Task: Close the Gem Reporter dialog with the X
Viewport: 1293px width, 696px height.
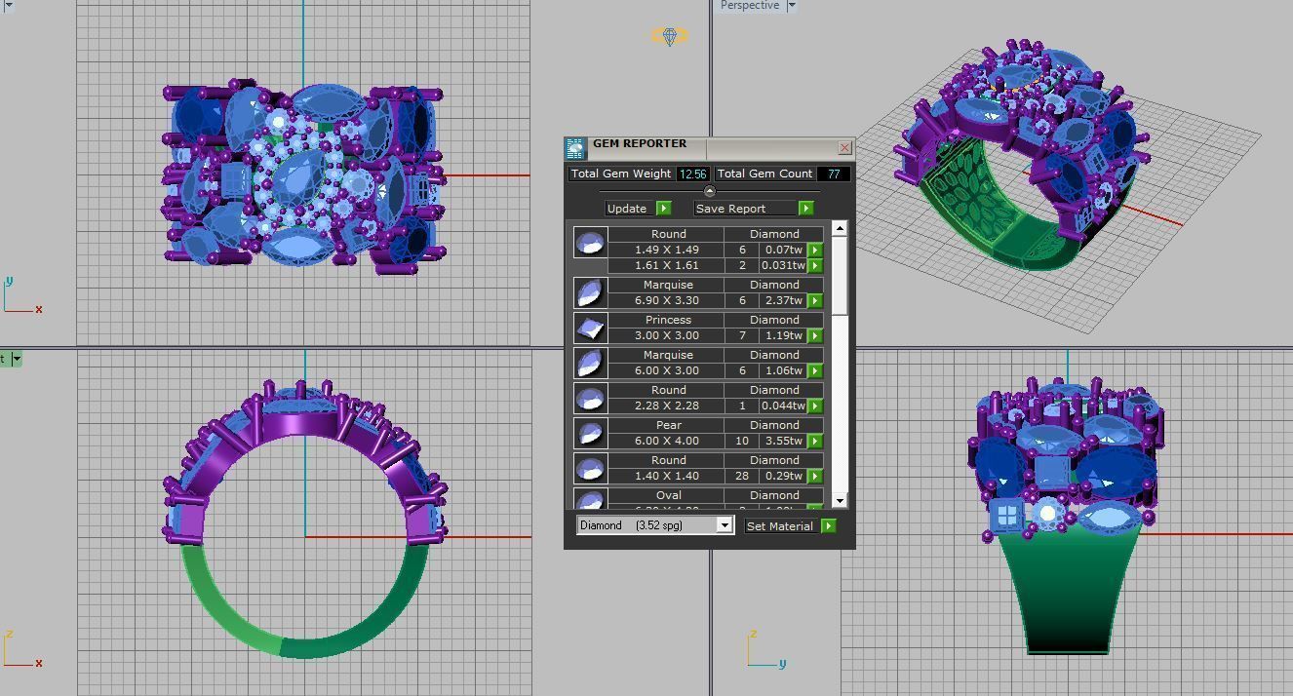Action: pos(844,147)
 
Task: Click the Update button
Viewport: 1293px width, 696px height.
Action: pos(627,209)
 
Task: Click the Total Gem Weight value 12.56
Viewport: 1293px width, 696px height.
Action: pos(692,174)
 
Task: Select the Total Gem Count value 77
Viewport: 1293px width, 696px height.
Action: pos(834,174)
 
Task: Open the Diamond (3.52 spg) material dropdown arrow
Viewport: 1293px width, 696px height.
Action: pos(725,525)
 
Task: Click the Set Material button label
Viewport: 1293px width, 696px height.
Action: pos(779,526)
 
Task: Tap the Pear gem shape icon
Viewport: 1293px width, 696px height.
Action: pos(590,433)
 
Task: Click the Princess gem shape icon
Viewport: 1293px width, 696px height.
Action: pos(590,328)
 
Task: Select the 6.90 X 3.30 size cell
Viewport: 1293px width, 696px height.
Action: pos(668,300)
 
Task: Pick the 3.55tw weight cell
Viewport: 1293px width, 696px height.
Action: pos(784,441)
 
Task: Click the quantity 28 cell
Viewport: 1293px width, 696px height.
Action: pos(742,476)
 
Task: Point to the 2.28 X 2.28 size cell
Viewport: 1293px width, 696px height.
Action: pos(668,406)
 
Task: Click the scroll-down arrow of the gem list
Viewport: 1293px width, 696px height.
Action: pos(839,501)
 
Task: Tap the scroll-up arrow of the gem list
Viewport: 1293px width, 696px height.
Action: pos(839,228)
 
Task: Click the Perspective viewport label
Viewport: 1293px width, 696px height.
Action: pos(750,6)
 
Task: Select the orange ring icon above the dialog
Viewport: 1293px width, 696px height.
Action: pos(670,36)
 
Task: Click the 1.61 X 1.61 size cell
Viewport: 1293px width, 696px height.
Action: pos(668,265)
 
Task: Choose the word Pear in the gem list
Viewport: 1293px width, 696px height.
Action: pos(668,425)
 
